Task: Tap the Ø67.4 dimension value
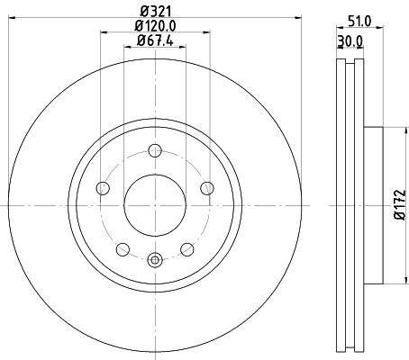tap(155, 42)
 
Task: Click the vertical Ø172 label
tap(396, 208)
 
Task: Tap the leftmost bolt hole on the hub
tap(102, 188)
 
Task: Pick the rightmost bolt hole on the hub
tap(207, 188)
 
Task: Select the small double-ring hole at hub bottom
tap(155, 262)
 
